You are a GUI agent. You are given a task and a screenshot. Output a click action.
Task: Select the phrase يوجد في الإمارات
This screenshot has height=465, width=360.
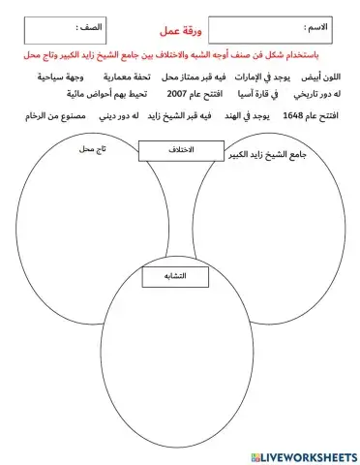coord(262,76)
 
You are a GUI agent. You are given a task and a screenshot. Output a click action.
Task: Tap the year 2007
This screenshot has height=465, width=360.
coord(179,95)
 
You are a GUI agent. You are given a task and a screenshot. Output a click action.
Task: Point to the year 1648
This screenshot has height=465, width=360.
coord(293,116)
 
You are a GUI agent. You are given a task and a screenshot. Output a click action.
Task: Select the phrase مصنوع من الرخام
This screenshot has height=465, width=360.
coord(59,116)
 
